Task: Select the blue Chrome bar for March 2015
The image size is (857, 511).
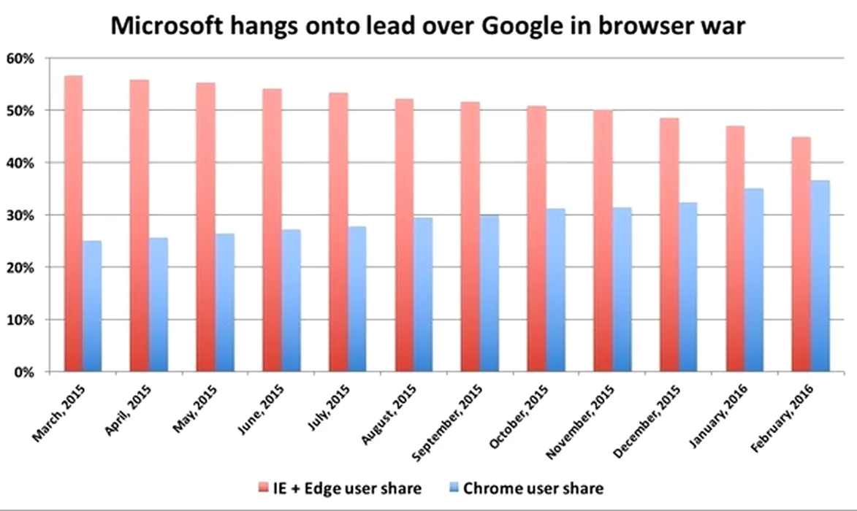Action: tap(92, 307)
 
